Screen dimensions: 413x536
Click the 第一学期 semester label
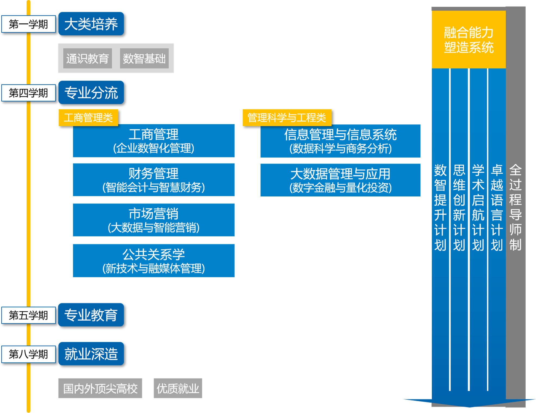point(29,24)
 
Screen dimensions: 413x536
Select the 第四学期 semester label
point(29,93)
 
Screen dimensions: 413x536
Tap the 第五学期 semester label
point(29,315)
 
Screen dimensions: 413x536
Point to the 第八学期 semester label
point(29,354)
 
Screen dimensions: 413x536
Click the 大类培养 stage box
point(91,24)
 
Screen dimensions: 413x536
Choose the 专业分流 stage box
point(91,93)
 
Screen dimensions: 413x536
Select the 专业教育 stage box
point(91,315)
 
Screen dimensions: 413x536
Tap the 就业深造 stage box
point(91,354)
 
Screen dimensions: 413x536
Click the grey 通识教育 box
point(87,58)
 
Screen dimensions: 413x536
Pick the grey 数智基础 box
point(144,58)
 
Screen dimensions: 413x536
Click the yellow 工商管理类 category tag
point(88,118)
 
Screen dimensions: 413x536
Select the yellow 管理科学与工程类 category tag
point(287,118)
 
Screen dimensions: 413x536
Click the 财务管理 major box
point(154,180)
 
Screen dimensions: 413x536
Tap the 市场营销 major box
point(154,220)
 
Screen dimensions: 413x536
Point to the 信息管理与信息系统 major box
point(340,141)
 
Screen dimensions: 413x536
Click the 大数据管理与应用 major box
point(340,180)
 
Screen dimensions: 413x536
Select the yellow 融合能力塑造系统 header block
point(469,40)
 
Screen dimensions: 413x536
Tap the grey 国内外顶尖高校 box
point(100,388)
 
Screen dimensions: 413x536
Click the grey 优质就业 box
point(178,388)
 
